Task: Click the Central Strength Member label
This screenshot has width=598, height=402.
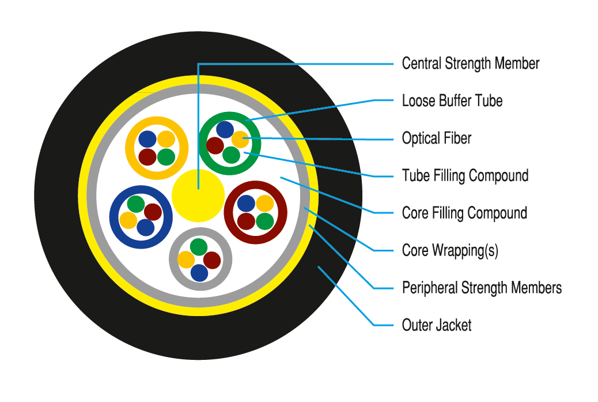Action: [470, 63]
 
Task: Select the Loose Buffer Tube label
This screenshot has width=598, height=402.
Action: [452, 101]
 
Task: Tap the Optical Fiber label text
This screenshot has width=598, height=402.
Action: [436, 138]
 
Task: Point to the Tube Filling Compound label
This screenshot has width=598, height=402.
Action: [465, 175]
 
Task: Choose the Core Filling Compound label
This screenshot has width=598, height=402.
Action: [464, 213]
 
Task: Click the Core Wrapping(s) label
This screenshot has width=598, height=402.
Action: [450, 250]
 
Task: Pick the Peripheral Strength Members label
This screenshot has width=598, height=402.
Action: [482, 287]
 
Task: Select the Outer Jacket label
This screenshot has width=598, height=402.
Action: [436, 325]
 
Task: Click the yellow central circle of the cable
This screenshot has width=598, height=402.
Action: [198, 195]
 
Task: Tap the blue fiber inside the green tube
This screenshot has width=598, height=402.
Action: [225, 130]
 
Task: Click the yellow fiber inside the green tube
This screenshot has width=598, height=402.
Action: [240, 139]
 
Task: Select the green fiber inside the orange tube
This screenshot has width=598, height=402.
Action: [166, 156]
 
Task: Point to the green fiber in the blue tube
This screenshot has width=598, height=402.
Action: [136, 204]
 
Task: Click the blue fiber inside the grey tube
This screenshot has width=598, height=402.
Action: [199, 272]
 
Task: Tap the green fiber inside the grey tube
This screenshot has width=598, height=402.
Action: [198, 247]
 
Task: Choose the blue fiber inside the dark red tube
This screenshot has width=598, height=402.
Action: [246, 203]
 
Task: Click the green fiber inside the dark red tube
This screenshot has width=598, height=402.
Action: [264, 221]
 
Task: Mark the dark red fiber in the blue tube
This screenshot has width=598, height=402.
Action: [153, 212]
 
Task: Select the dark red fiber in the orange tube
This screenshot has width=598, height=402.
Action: [147, 156]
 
